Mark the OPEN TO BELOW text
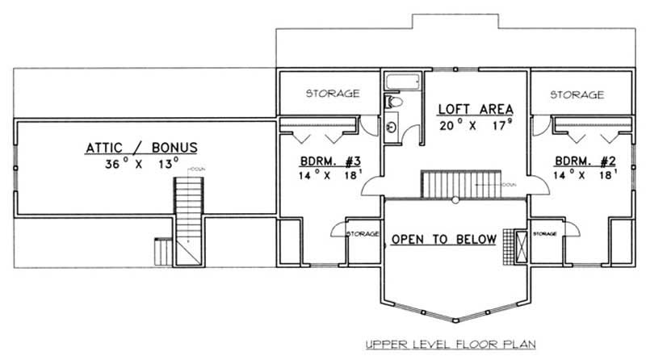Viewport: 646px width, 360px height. point(443,240)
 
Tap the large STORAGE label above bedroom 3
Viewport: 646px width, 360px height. point(332,94)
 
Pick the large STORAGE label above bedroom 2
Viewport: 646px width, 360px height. point(577,94)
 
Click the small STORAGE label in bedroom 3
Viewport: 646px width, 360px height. point(363,234)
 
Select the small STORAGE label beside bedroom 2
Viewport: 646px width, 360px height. point(544,234)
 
